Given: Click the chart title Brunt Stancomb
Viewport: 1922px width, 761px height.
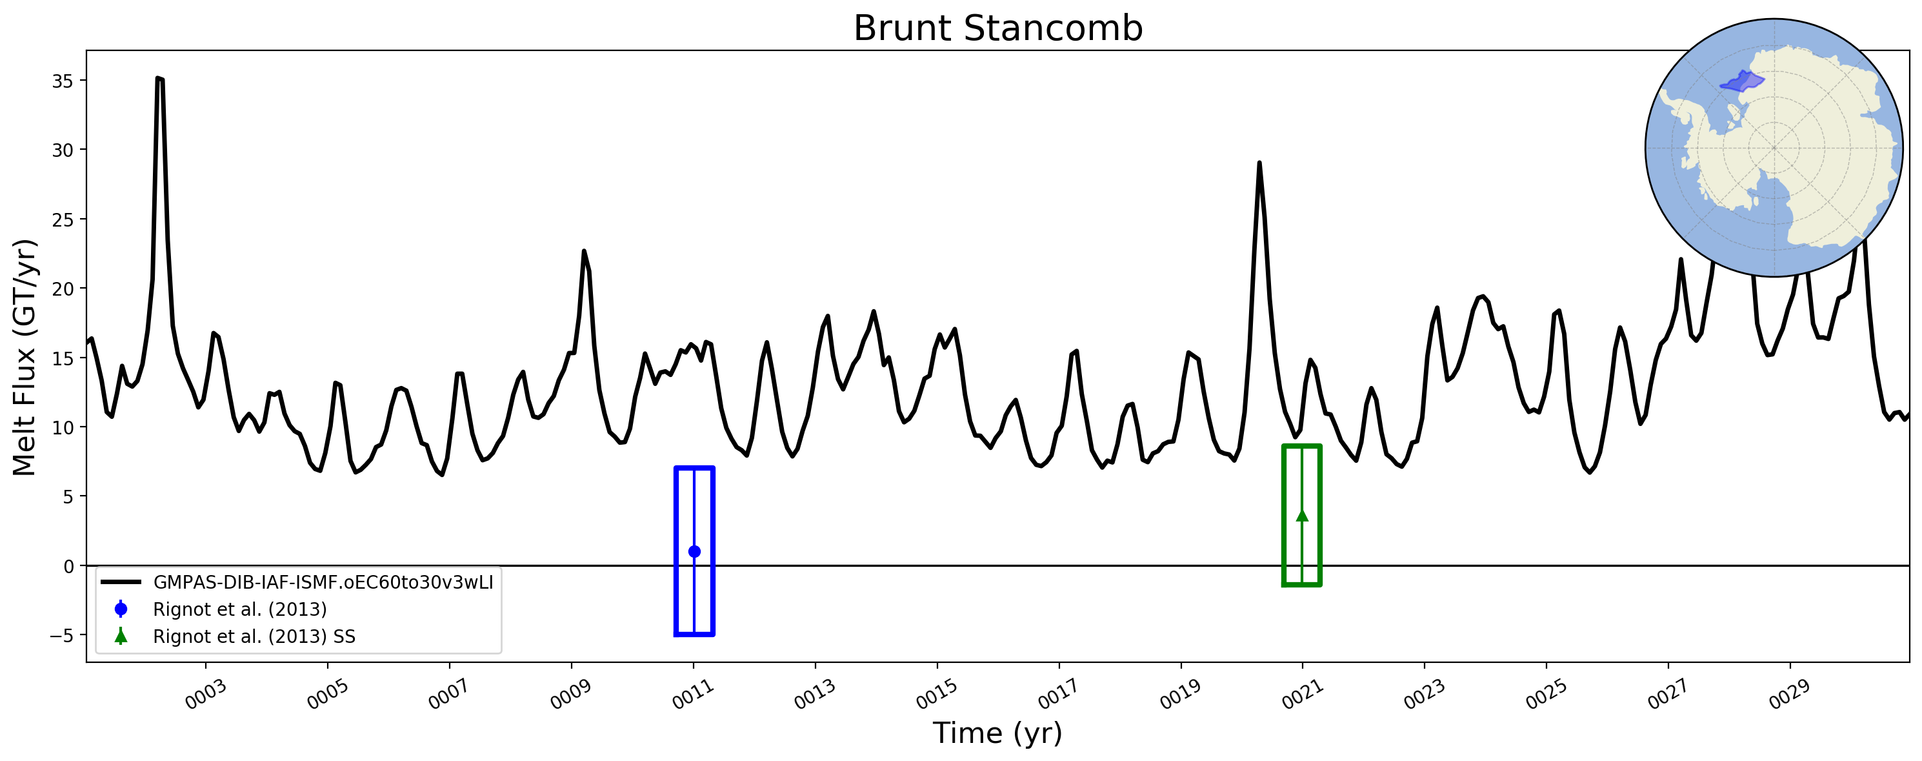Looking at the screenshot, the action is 997,28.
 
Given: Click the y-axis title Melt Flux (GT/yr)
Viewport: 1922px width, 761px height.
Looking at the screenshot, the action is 24,357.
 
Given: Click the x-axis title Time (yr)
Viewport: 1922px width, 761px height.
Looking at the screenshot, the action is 997,733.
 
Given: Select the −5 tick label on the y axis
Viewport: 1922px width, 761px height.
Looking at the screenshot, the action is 62,636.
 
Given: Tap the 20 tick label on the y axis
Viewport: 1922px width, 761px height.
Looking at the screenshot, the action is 63,289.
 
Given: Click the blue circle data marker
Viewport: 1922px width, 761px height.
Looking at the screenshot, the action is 694,551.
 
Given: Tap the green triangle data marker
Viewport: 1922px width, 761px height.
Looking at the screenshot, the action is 1302,516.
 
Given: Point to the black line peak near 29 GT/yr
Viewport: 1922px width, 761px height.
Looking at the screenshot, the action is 1259,163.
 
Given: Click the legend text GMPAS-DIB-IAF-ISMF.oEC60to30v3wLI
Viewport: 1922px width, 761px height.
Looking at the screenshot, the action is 323,582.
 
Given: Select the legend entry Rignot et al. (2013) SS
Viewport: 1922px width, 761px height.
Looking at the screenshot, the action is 228,636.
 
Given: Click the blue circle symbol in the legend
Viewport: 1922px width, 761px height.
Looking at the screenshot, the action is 121,609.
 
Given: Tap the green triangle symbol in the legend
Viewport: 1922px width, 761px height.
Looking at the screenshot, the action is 121,636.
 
